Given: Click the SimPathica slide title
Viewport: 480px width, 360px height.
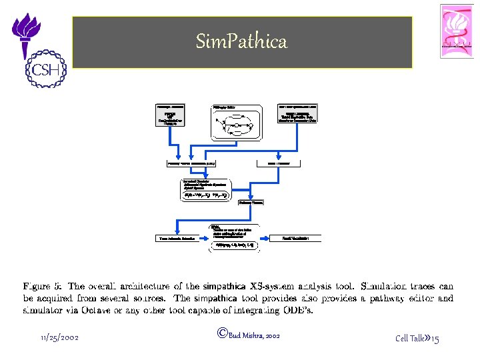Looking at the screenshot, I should pyautogui.click(x=241, y=42).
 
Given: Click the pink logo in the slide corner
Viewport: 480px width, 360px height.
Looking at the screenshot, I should pyautogui.click(x=457, y=31).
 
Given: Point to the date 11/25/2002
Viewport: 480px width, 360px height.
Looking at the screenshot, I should pyautogui.click(x=60, y=338).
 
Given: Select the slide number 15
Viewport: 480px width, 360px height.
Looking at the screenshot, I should pyautogui.click(x=435, y=339).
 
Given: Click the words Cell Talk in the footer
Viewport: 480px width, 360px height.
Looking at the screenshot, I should pyautogui.click(x=410, y=339).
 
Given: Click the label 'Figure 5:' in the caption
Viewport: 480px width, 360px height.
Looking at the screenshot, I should pyautogui.click(x=42, y=287).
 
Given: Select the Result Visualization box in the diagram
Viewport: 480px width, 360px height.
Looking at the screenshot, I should pyautogui.click(x=295, y=238).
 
